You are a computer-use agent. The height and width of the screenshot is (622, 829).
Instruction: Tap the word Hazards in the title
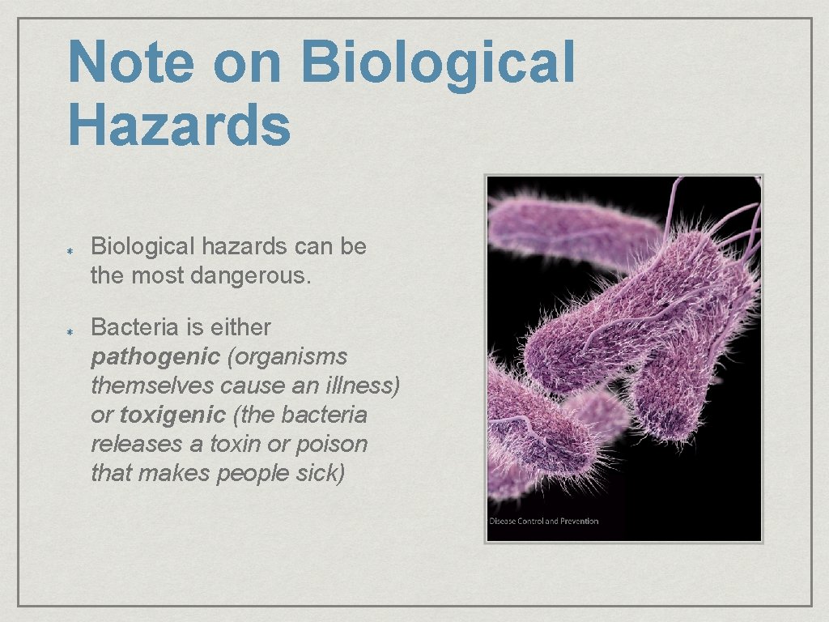coord(179,126)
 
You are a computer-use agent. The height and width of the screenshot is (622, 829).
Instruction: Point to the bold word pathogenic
coord(155,357)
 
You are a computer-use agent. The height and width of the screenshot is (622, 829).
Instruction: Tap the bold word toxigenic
coord(172,415)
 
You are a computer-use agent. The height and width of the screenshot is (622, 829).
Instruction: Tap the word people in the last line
coord(250,474)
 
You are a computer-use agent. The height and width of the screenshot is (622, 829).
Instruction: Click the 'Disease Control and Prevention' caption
coord(543,521)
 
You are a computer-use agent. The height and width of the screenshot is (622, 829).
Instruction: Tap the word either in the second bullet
coord(240,328)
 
